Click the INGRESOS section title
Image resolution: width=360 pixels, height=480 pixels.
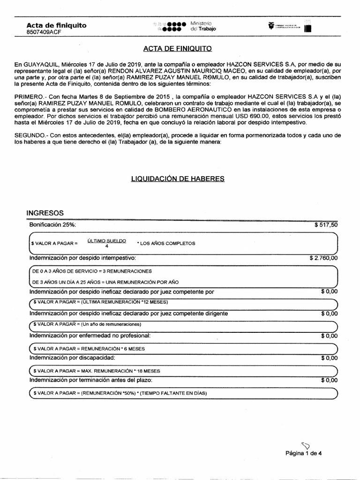pyautogui.click(x=45, y=213)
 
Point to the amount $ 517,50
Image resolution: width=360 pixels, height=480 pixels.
pyautogui.click(x=326, y=225)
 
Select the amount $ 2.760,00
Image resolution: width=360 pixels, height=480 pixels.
pyautogui.click(x=323, y=258)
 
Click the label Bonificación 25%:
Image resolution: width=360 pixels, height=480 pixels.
pyautogui.click(x=52, y=225)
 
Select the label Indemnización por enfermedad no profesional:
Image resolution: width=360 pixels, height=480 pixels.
pyautogui.click(x=90, y=336)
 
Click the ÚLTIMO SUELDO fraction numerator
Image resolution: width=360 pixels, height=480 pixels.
pyautogui.click(x=106, y=240)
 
